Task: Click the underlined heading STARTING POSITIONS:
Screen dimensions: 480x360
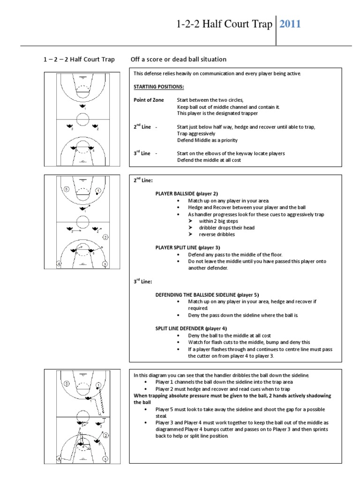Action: click(158, 87)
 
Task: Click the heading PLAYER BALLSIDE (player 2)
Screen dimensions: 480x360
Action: click(187, 194)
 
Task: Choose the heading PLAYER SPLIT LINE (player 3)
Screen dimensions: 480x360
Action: click(187, 247)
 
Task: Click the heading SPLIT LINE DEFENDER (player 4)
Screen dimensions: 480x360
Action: click(187, 329)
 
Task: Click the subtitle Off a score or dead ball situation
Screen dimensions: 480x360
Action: click(179, 60)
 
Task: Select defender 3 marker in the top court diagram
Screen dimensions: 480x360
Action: click(70, 126)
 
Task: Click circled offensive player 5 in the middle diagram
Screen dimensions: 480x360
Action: click(67, 189)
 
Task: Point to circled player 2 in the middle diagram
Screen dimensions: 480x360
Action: click(106, 237)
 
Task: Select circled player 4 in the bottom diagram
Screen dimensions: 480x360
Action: click(59, 459)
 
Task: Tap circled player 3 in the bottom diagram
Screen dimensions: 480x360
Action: click(105, 459)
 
